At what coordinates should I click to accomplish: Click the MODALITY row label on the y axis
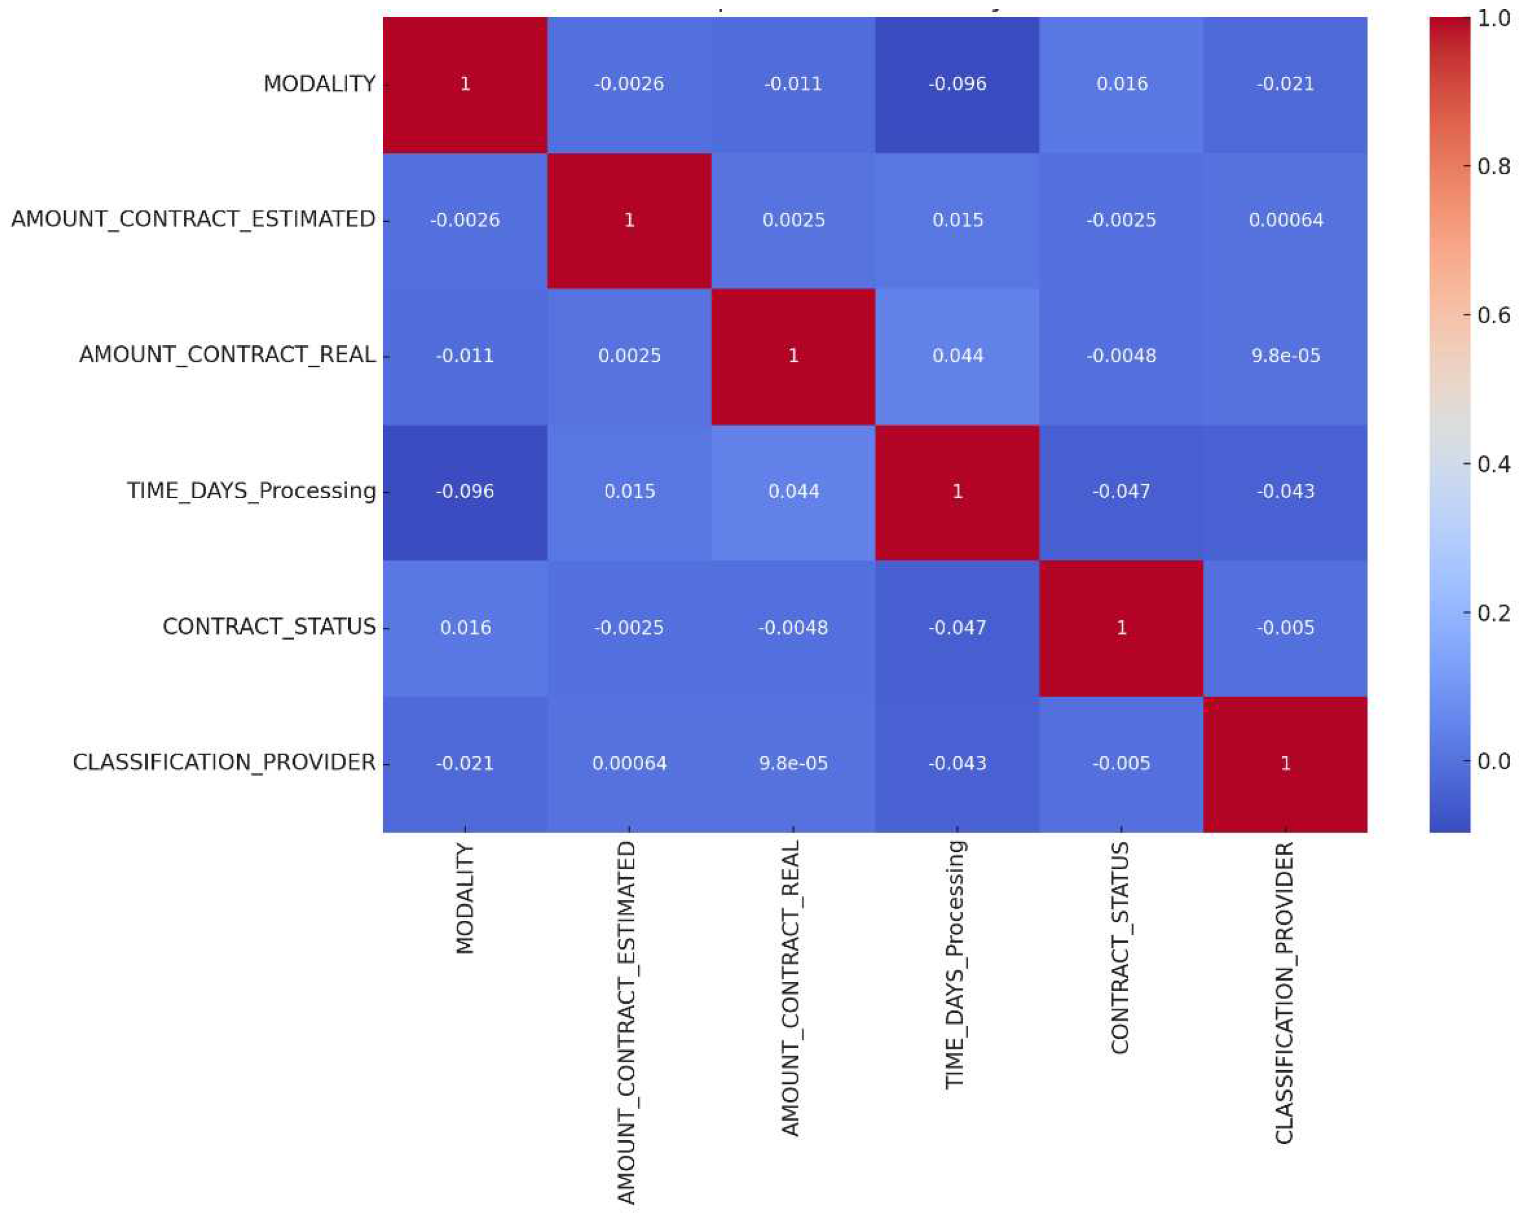coord(320,84)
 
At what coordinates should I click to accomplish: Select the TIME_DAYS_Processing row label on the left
coord(252,491)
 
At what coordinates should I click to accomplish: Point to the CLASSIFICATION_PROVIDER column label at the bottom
coord(1284,992)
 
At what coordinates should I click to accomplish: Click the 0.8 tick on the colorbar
coord(1493,167)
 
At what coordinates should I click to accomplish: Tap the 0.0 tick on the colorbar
coord(1493,761)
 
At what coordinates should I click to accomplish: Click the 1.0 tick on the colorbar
coord(1493,18)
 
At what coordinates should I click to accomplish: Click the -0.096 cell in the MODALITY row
coord(957,84)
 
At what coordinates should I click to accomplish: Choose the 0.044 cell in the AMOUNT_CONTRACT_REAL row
coord(957,355)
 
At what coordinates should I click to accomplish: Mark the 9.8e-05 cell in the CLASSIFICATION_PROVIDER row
coord(793,763)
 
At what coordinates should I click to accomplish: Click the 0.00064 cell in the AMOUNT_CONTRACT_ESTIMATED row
coord(1285,220)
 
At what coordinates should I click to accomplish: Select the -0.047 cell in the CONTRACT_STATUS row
coord(957,627)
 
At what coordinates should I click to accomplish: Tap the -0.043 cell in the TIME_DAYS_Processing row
coord(1285,491)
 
